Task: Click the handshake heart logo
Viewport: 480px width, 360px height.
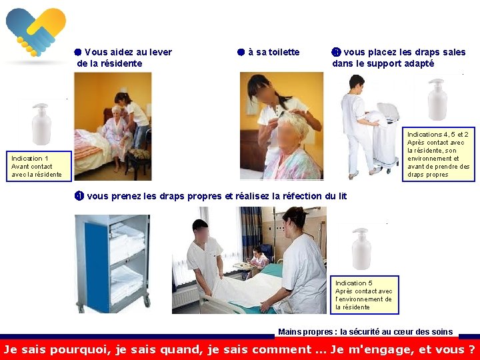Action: [36, 32]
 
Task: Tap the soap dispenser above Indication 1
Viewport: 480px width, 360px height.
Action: [41, 124]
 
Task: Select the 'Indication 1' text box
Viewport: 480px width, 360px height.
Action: [39, 166]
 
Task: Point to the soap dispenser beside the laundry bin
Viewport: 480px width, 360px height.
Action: [437, 99]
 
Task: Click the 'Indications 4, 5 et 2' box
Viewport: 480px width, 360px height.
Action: [439, 154]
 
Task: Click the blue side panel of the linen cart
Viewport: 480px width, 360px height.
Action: [97, 266]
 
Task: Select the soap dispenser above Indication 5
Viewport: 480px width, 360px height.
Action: [361, 249]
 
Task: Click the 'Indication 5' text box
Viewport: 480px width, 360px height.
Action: [364, 295]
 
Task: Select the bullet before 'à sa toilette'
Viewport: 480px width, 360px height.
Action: [241, 52]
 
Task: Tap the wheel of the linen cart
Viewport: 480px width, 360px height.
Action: [147, 301]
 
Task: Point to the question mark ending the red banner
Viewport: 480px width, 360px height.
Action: [471, 349]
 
